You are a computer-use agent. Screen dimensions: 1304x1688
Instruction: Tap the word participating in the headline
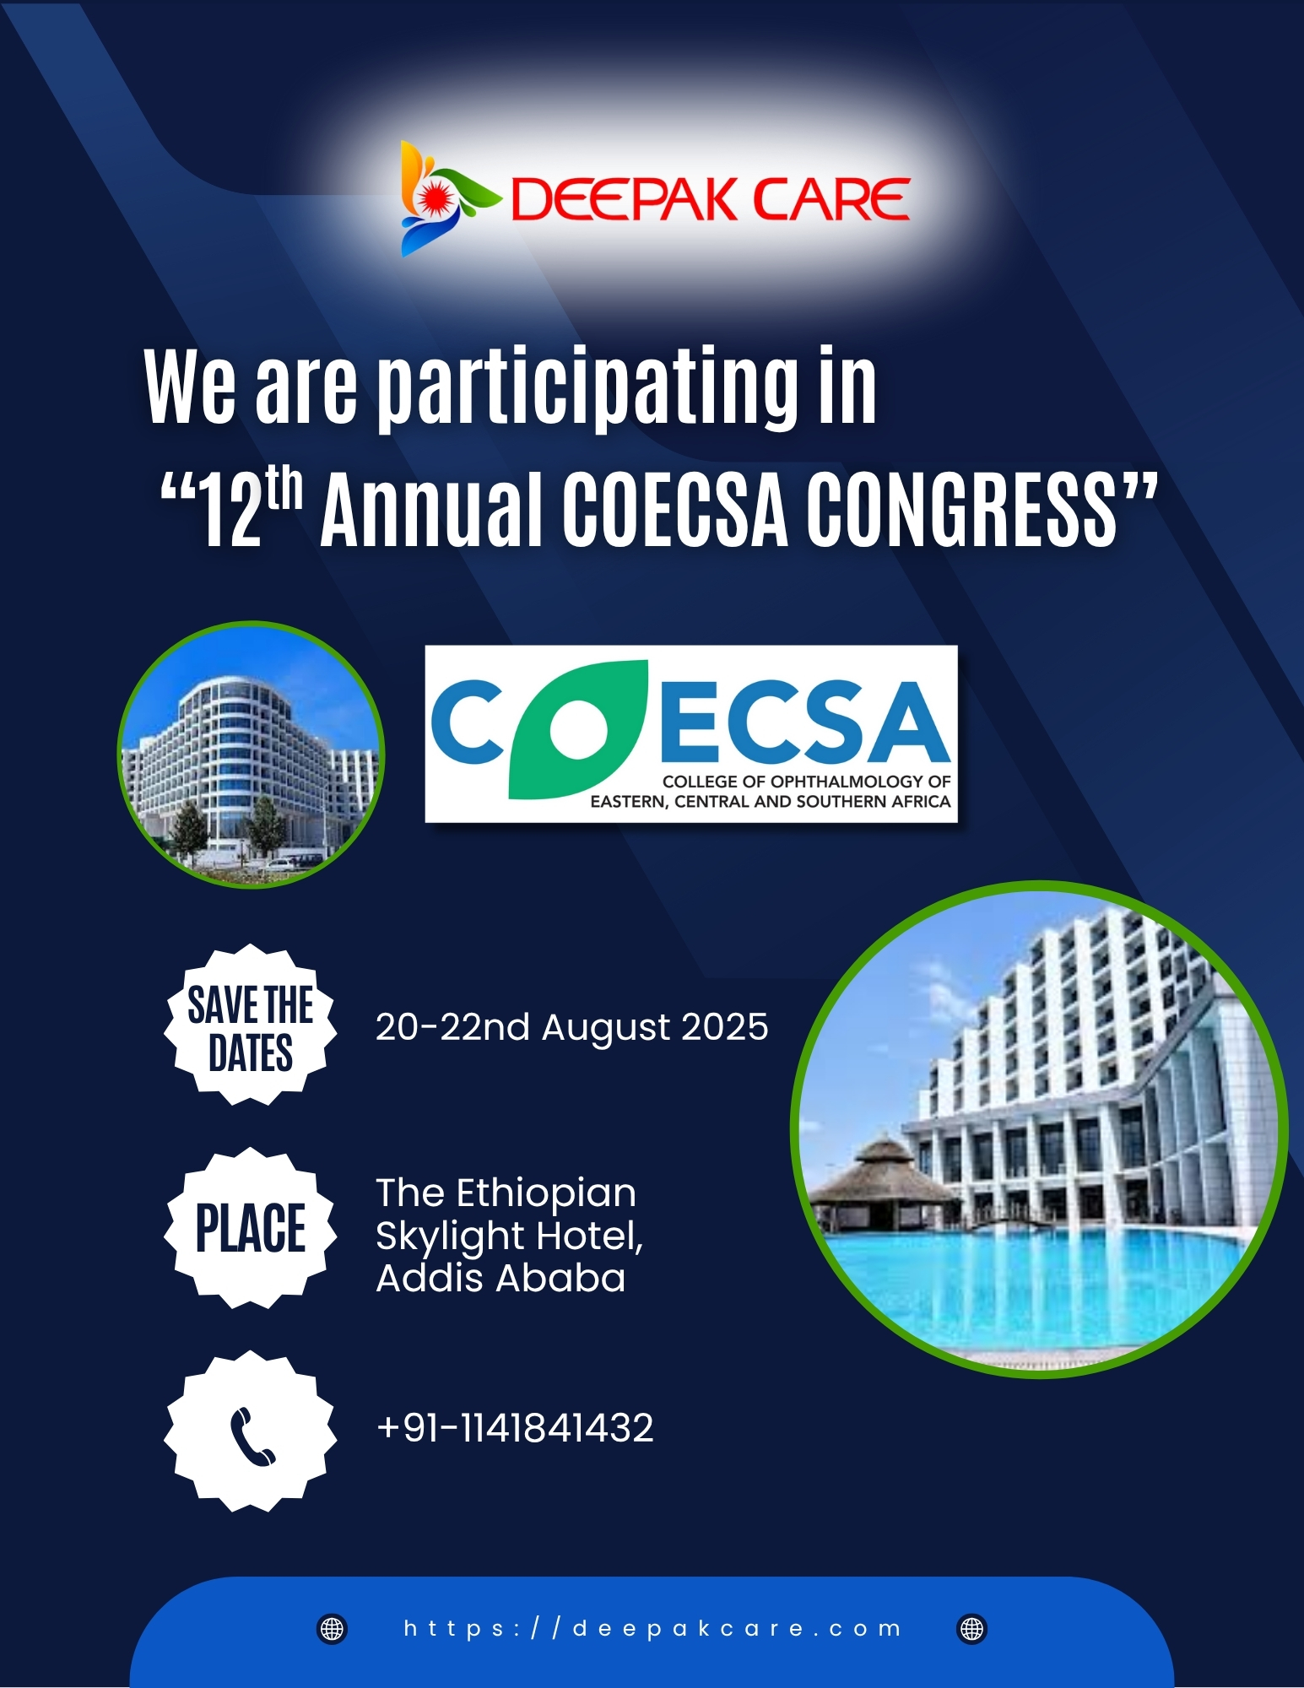587,388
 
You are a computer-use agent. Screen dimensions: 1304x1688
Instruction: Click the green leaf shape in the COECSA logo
577,729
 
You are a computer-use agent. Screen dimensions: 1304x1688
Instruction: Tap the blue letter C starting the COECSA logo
468,722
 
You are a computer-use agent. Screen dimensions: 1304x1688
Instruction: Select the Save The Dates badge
251,1025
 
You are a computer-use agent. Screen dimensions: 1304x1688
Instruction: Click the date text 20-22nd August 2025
571,1027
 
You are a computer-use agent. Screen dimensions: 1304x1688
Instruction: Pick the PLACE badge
251,1228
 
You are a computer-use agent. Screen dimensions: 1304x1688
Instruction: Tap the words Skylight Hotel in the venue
509,1236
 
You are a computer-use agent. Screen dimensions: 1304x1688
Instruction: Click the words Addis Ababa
500,1278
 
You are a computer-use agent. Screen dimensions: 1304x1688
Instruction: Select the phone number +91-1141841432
515,1428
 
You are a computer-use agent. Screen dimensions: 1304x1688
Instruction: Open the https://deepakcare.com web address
652,1629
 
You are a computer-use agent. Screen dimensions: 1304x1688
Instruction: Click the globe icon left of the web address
332,1629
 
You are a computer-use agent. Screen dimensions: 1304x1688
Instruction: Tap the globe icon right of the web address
972,1629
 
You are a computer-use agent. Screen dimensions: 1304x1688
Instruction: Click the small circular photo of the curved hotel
252,755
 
